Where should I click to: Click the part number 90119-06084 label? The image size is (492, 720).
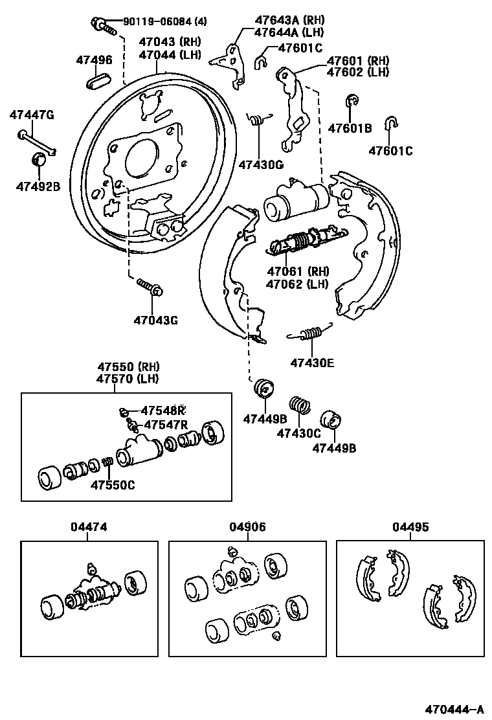(157, 22)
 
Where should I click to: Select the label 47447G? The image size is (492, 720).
(31, 115)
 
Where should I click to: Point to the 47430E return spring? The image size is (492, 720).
(311, 333)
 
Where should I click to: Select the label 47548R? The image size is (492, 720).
(163, 411)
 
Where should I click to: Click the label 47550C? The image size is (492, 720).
(112, 485)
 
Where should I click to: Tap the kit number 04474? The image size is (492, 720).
(89, 528)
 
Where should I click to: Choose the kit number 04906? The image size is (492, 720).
(247, 528)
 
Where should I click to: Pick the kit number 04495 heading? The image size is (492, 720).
(410, 528)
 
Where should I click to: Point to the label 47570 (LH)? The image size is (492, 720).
(128, 379)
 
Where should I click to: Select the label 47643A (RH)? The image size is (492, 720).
(289, 20)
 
